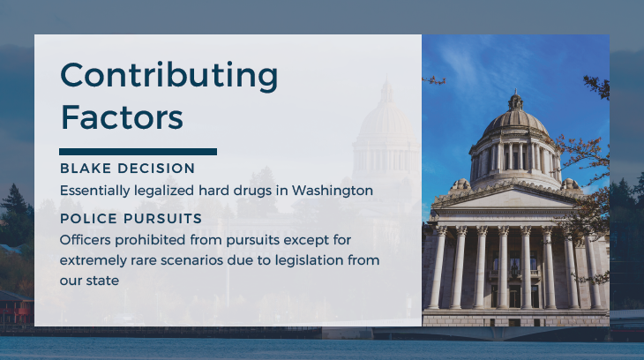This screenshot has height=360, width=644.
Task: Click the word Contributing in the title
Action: (168, 76)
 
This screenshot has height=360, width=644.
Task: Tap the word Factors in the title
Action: (122, 117)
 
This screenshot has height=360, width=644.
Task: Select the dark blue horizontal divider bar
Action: (138, 152)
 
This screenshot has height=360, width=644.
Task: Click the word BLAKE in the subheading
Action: (86, 169)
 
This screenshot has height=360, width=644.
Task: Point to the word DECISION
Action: (156, 169)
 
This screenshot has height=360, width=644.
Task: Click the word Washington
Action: (333, 191)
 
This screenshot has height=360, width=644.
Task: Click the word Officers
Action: (86, 240)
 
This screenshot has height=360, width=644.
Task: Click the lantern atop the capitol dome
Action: (515, 101)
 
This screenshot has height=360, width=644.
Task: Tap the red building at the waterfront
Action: (17, 307)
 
